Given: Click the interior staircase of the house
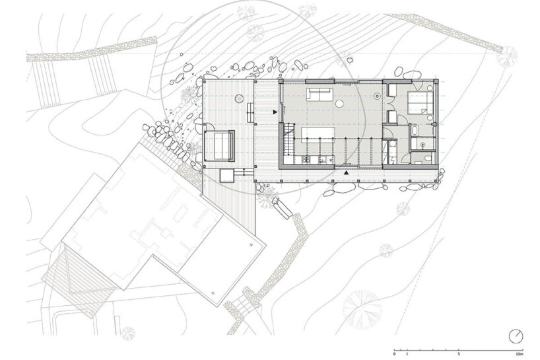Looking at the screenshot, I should click(x=289, y=141).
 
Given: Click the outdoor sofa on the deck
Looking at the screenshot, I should click(x=220, y=145).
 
